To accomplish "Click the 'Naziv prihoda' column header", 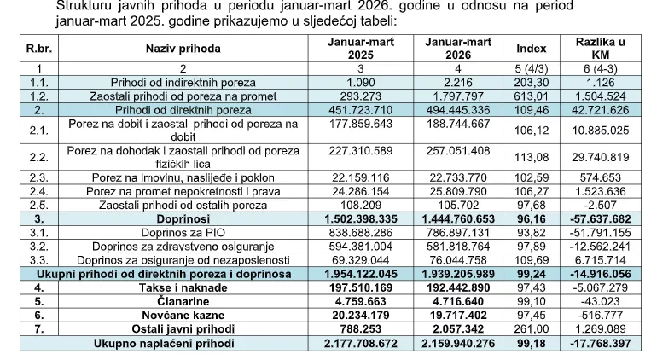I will click(x=183, y=49).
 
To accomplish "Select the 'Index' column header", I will click(x=526, y=49).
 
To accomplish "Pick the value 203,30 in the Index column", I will click(x=526, y=82).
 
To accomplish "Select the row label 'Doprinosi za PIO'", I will click(x=183, y=232).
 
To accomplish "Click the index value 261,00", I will click(x=526, y=328).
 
